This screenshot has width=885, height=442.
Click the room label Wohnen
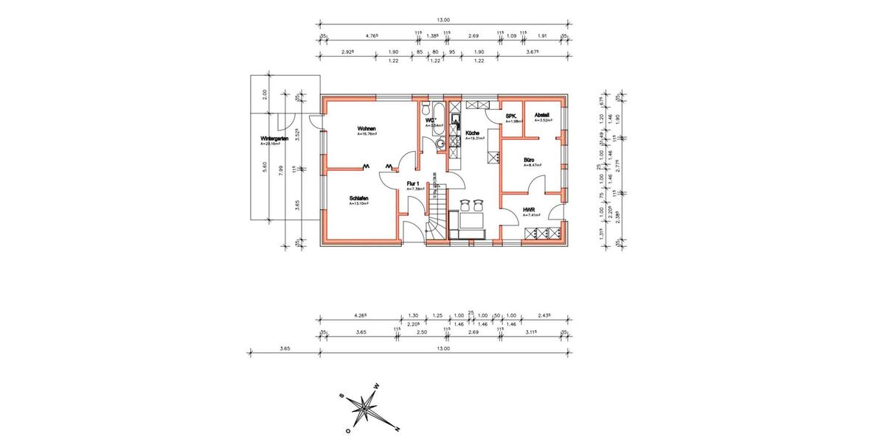point(366,128)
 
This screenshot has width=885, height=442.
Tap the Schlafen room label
point(359,199)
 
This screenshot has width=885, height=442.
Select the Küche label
point(472,133)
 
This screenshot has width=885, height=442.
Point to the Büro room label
point(529,160)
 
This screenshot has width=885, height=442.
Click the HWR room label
point(528,210)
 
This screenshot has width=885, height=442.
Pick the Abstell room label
point(541,115)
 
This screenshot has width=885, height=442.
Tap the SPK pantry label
point(510,116)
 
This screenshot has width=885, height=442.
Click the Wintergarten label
point(273,138)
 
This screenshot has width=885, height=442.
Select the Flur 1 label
point(413,183)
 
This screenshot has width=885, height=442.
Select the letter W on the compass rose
point(375,386)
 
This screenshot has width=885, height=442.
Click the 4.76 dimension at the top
point(372,35)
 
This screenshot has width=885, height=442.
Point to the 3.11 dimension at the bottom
point(531,333)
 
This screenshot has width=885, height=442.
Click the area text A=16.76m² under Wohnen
point(367,135)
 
